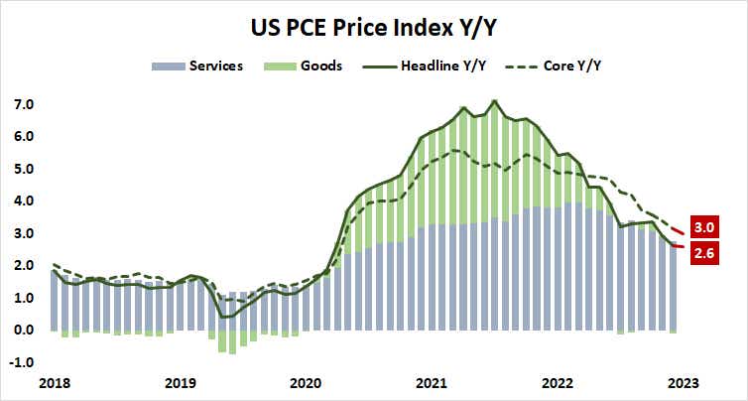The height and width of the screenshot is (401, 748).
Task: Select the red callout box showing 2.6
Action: click(710, 253)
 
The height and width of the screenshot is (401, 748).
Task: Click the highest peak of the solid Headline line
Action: click(495, 100)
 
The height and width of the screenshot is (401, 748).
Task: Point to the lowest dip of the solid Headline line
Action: click(222, 317)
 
